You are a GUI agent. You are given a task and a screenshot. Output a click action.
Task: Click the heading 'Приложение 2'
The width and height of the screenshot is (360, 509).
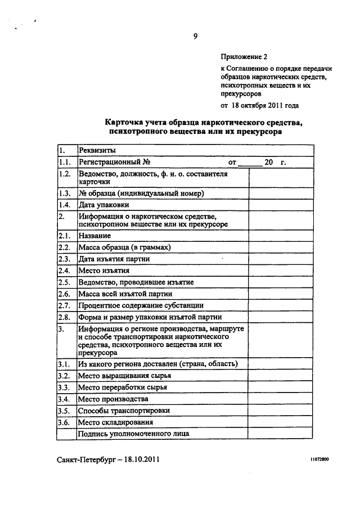click(x=242, y=57)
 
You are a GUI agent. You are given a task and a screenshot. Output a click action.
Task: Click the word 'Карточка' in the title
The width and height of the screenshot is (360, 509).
click(x=126, y=121)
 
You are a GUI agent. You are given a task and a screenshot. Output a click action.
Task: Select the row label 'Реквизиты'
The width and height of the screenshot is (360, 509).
click(x=97, y=151)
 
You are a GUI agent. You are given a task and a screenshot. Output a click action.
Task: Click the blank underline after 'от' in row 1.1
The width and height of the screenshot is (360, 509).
click(x=250, y=163)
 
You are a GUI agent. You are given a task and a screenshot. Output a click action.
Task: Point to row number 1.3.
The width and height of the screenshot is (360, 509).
click(x=64, y=193)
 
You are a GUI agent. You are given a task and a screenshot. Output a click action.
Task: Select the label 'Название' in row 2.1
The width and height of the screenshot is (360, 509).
click(x=95, y=236)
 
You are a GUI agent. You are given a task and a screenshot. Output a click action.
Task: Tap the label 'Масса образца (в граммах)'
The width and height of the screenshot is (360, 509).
click(x=124, y=247)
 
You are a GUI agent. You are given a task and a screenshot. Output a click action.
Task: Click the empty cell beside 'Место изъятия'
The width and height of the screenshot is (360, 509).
click(x=281, y=271)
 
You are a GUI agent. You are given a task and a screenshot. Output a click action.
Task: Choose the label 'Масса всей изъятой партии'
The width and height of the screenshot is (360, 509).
click(x=125, y=294)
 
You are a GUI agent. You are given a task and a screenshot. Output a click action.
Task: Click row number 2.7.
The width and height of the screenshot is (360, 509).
click(x=64, y=305)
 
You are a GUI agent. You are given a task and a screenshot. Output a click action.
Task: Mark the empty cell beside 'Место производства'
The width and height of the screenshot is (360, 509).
click(x=281, y=399)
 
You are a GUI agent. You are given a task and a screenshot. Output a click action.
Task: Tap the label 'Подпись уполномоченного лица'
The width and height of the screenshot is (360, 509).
click(x=133, y=434)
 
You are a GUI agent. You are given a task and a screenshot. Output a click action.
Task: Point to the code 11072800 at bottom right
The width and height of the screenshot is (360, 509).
click(x=318, y=460)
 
